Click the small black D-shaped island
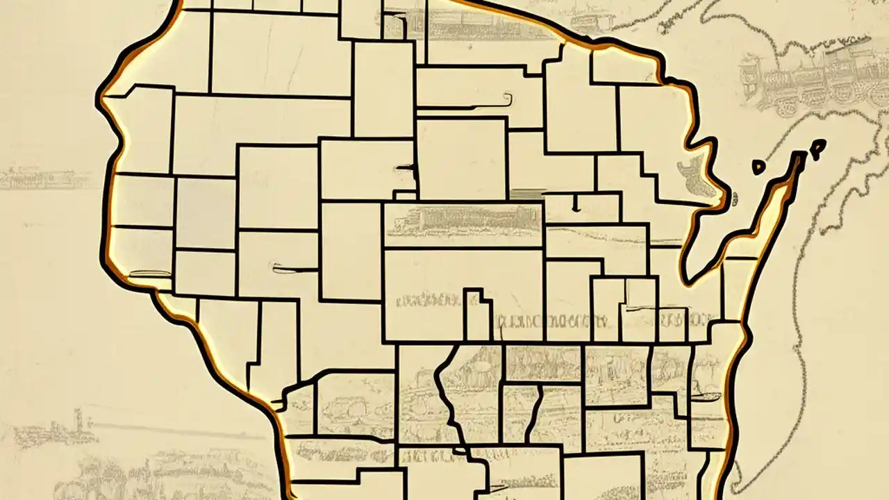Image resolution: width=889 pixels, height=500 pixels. pos(759,167)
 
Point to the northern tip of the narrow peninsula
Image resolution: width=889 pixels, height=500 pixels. pos(799,157)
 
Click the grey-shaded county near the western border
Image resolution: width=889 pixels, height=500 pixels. pos(205,212)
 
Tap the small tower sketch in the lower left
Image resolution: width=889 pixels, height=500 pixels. pos(78,419)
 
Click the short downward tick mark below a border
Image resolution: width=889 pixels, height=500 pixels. pos(575,203)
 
